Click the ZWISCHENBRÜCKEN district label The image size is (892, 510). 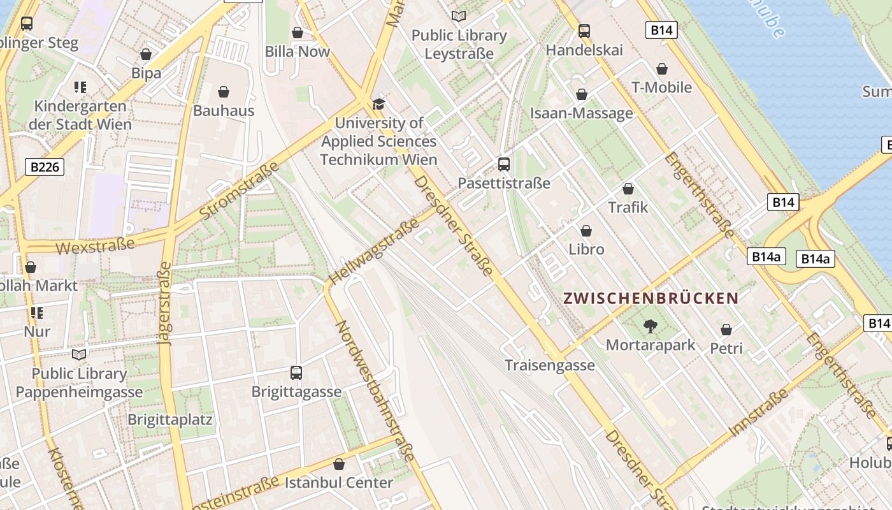(651, 298)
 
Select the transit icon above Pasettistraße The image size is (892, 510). (504, 164)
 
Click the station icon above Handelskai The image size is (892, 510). (584, 31)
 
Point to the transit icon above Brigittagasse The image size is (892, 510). (296, 373)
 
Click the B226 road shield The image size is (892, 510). (45, 167)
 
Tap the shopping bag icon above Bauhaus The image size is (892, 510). (224, 92)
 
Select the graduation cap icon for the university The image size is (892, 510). (379, 104)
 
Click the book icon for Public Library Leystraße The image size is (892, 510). (459, 16)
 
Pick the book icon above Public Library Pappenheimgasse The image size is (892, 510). (79, 354)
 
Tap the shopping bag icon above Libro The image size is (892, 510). (586, 231)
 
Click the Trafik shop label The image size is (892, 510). (628, 207)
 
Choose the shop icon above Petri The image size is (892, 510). (726, 330)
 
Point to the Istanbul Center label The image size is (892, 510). (338, 483)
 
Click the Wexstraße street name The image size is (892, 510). (96, 245)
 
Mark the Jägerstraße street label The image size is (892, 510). (166, 303)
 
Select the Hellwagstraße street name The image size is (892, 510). (375, 251)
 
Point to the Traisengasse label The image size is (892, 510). (550, 365)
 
